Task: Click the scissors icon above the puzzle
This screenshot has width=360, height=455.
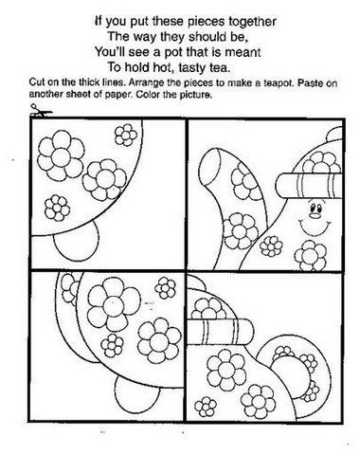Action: (x=40, y=111)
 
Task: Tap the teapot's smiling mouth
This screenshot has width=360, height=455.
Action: (x=315, y=227)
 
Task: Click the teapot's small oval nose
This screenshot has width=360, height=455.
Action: (x=315, y=216)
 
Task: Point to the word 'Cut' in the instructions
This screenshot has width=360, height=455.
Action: (x=36, y=82)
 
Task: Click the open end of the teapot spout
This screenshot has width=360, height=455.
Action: (x=211, y=167)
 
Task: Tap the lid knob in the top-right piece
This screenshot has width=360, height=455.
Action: (x=334, y=134)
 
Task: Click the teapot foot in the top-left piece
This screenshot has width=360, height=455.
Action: (x=77, y=240)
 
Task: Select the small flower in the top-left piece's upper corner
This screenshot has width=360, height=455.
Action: (x=126, y=135)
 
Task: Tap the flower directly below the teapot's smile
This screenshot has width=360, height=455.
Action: (x=311, y=256)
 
